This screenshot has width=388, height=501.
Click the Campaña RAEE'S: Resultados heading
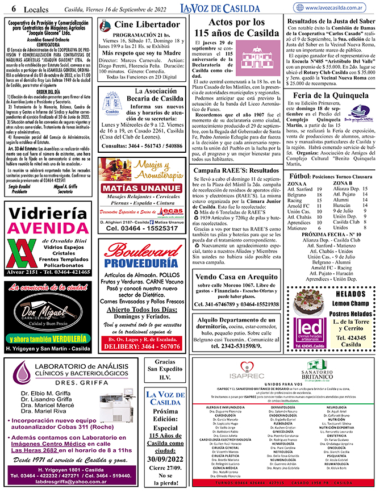pos(236,170)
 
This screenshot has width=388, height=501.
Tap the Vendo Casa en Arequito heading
pos(236,277)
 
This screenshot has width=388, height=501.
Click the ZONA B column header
pos(343,183)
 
